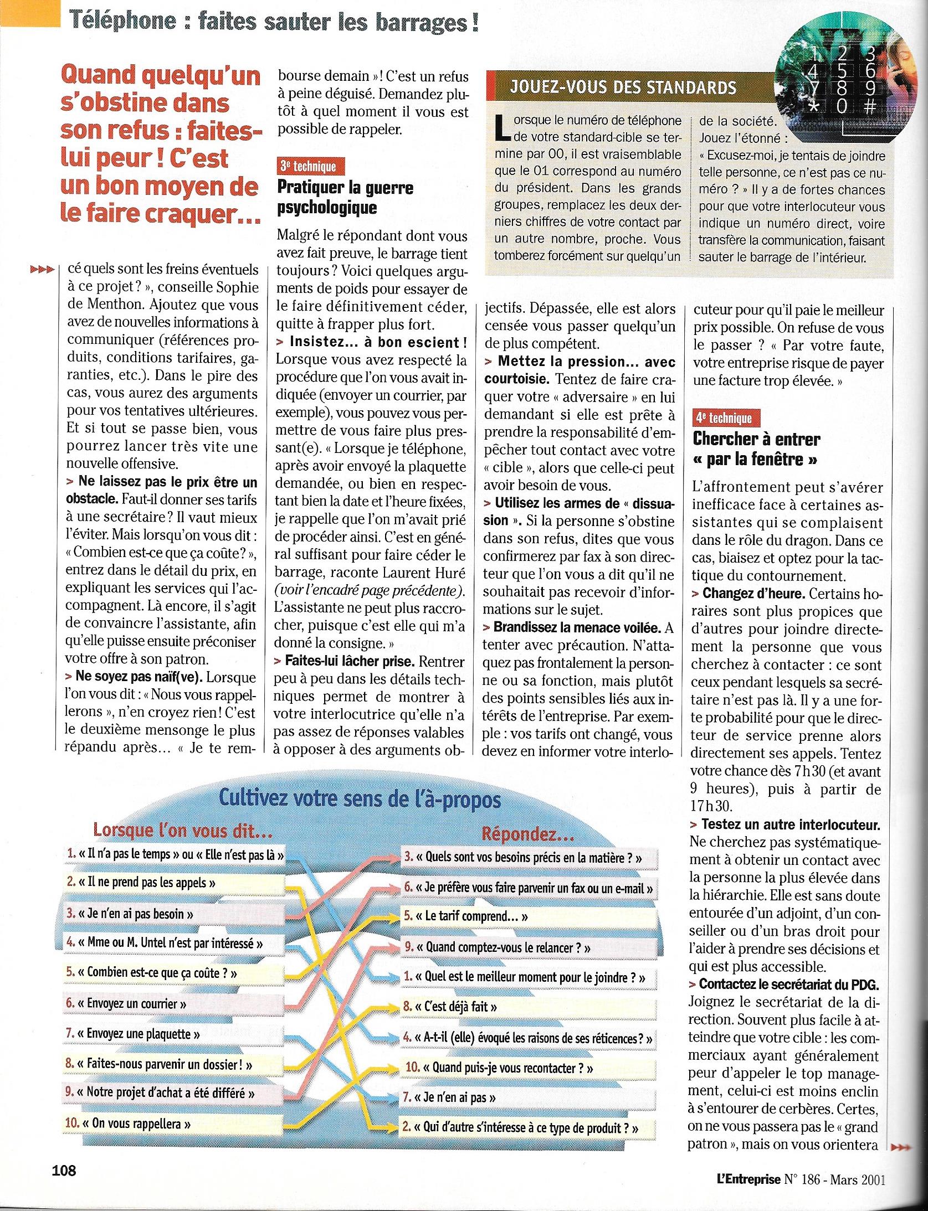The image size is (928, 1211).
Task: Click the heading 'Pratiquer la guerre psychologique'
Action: [x=345, y=197]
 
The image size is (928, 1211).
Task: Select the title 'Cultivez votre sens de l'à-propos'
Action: [x=360, y=800]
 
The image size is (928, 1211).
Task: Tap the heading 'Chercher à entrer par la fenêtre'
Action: [x=756, y=449]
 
